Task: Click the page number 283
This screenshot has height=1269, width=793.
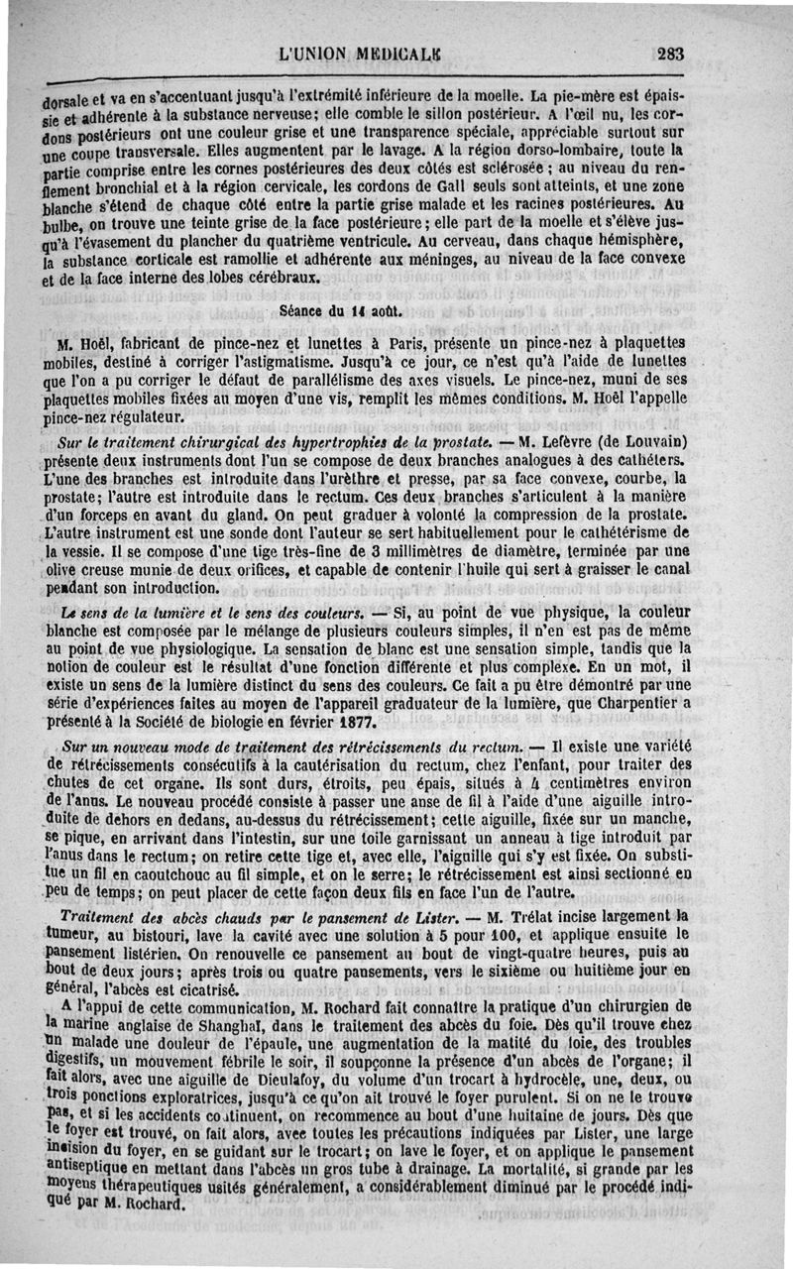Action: (x=669, y=55)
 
